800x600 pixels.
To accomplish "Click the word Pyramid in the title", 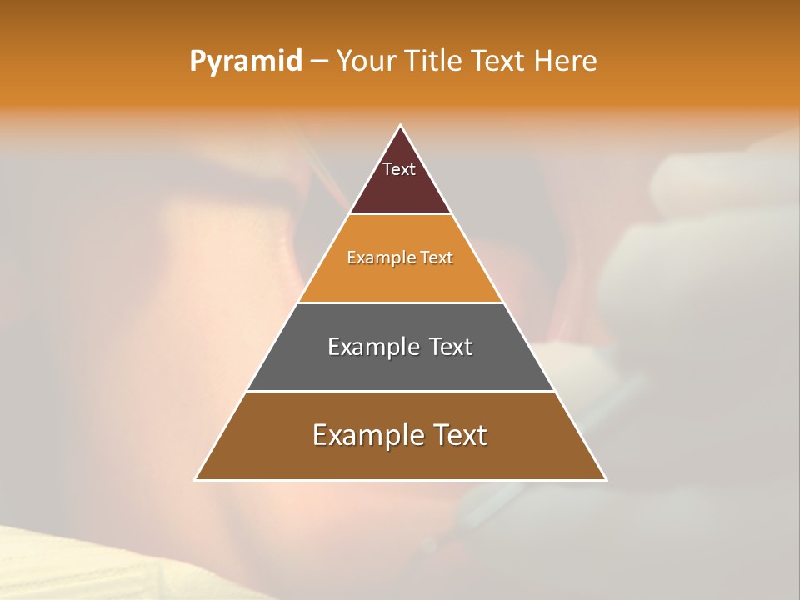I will [x=246, y=61].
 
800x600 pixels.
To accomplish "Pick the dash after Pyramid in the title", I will [x=319, y=62].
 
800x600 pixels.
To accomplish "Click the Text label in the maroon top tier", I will [x=399, y=169].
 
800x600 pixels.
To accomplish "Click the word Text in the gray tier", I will [x=451, y=347].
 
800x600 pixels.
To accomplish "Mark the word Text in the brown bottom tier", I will [x=459, y=435].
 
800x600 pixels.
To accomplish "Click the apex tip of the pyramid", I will [x=400, y=126].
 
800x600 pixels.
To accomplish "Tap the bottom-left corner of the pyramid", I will [x=196, y=479].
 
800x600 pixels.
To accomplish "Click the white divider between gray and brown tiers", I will [x=400, y=391].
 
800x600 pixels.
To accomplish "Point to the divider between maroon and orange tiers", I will [x=400, y=214].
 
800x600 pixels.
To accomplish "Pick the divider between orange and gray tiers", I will [x=400, y=302].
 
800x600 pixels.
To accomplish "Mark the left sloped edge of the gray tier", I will [x=272, y=347].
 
